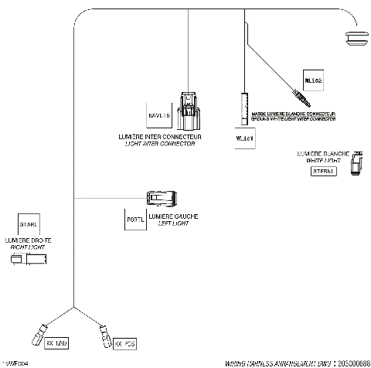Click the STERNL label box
(322, 172)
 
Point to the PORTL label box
(134, 220)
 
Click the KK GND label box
(57, 342)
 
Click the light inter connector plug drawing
(188, 113)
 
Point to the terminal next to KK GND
(38, 335)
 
